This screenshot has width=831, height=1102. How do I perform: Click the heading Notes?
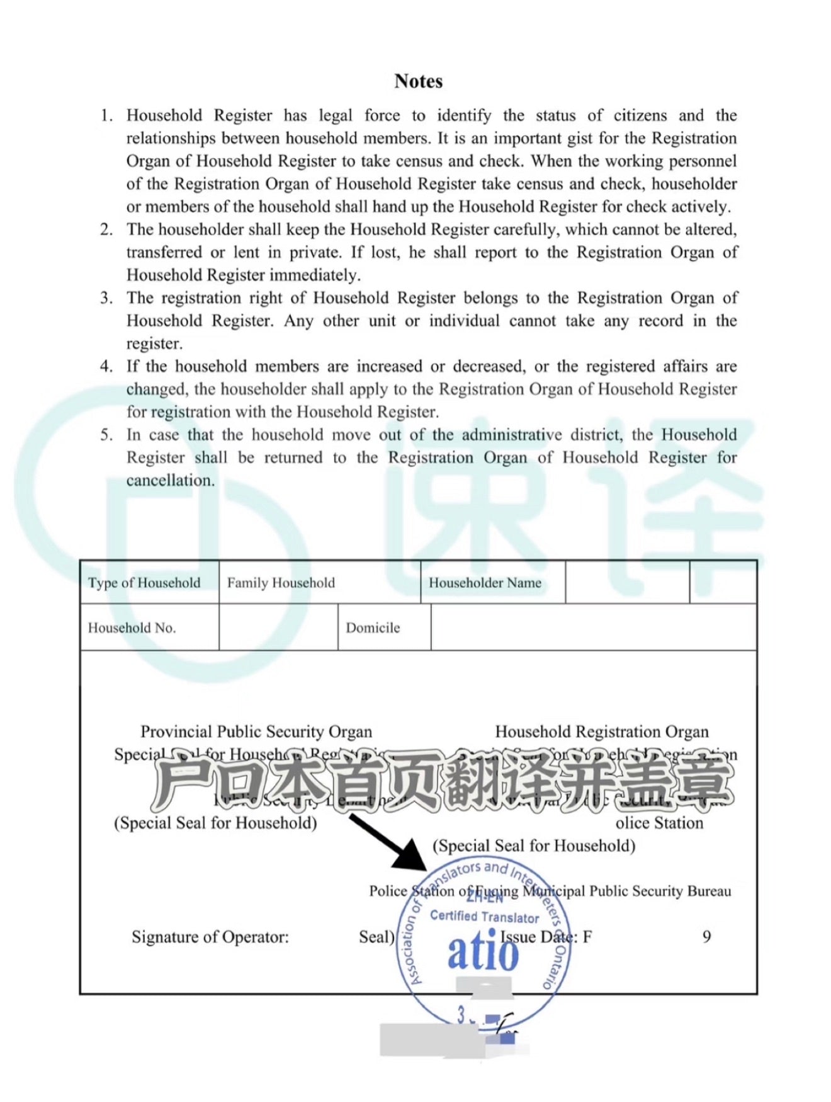(x=418, y=81)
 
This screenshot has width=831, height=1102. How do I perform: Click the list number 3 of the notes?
(x=106, y=298)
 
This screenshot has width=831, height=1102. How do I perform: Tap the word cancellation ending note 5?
(x=170, y=481)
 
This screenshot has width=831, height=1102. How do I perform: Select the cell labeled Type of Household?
(x=144, y=583)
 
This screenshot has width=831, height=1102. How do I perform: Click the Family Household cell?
(x=281, y=583)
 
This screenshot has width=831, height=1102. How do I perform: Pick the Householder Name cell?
(x=485, y=583)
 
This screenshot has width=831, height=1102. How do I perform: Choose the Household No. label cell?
(x=132, y=628)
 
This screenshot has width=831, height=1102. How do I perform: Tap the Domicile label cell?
(x=373, y=628)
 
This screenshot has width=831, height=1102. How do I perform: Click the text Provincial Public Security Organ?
(x=256, y=732)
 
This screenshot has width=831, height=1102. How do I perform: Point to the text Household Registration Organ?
(x=602, y=732)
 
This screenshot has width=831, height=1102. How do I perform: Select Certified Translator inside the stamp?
(x=484, y=917)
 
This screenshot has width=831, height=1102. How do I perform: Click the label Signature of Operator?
(x=210, y=937)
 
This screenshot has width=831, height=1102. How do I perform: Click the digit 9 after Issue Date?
(x=706, y=937)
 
